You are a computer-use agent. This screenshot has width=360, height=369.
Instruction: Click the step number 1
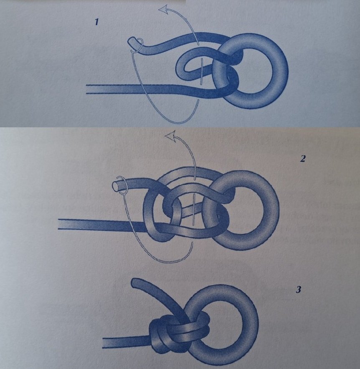pyautogui.click(x=96, y=23)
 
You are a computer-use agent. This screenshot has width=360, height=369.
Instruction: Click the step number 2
pyautogui.click(x=303, y=159)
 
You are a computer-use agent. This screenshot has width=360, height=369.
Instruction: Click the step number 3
pyautogui.click(x=298, y=289)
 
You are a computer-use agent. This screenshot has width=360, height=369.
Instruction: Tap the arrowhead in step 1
pyautogui.click(x=165, y=10)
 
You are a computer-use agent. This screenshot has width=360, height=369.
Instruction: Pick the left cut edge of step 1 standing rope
pyautogui.click(x=86, y=89)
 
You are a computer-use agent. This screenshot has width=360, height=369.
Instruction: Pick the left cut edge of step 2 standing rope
pyautogui.click(x=58, y=224)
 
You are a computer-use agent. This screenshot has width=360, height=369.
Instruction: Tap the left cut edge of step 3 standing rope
pyautogui.click(x=103, y=343)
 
